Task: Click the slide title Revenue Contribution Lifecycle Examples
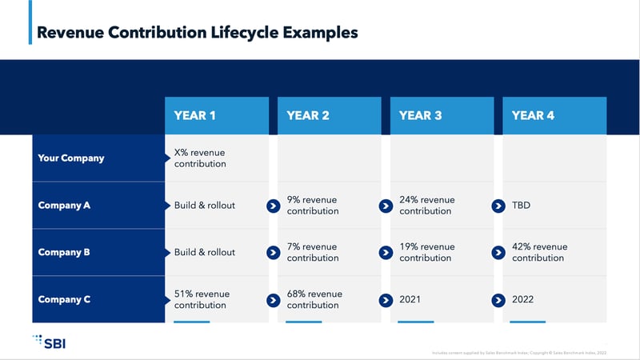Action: (x=198, y=33)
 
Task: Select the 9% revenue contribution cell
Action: (x=313, y=205)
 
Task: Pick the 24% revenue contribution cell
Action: (x=427, y=205)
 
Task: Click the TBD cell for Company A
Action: (x=521, y=205)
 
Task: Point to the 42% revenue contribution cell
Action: (x=539, y=252)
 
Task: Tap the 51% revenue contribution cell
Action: (x=202, y=299)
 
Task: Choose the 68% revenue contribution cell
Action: (x=314, y=299)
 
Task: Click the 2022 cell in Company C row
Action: (x=523, y=299)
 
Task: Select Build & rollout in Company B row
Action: (x=205, y=252)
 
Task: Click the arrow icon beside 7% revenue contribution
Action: (x=273, y=252)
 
